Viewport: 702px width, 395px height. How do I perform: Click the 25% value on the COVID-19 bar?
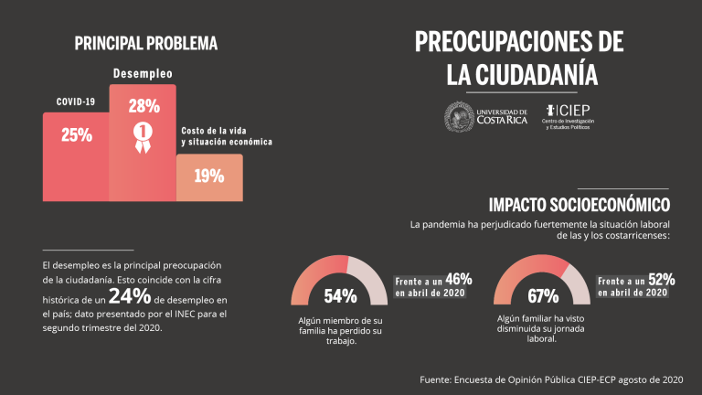(76, 135)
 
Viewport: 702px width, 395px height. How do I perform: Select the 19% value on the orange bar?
(208, 176)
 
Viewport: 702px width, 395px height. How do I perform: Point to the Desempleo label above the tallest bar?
(143, 72)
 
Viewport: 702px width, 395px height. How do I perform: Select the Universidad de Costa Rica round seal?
(460, 116)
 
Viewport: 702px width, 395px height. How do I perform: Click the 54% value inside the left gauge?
(340, 295)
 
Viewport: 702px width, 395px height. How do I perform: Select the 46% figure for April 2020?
(458, 279)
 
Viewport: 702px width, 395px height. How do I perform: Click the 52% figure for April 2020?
(660, 279)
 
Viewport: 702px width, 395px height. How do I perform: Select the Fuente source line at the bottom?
(550, 378)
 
